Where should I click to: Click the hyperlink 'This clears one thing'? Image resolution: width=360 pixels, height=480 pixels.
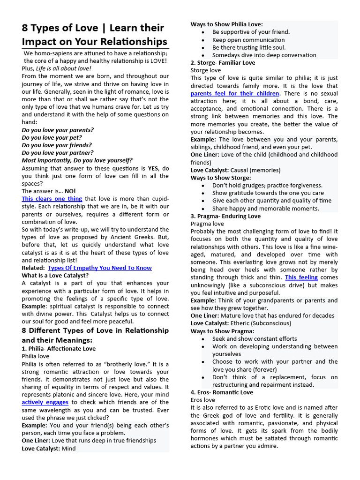52,199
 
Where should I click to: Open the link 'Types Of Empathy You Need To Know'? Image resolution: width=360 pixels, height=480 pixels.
100,268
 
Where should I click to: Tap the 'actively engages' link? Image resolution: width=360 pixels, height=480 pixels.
45,402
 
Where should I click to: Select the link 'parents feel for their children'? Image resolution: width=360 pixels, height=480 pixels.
235,94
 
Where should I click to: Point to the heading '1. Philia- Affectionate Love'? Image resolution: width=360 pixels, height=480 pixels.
59,349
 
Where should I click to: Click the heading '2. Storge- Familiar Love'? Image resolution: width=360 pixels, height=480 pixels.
223,63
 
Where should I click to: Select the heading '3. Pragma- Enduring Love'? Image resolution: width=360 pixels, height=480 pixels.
225,216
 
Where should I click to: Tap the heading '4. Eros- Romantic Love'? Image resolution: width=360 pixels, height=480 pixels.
222,392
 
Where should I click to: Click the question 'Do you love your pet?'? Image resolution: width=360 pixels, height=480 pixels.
52,137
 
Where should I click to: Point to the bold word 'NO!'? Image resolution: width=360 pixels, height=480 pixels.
70,191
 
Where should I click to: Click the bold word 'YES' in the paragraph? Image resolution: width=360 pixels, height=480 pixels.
154,168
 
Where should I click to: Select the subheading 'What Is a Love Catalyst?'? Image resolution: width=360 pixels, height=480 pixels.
55,276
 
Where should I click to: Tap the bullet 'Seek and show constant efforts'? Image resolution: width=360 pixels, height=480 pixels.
255,339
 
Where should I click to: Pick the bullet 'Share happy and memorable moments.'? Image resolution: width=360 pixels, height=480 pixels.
265,209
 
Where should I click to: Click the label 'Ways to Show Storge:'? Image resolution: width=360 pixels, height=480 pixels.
221,178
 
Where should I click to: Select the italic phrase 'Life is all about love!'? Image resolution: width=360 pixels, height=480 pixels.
64,68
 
